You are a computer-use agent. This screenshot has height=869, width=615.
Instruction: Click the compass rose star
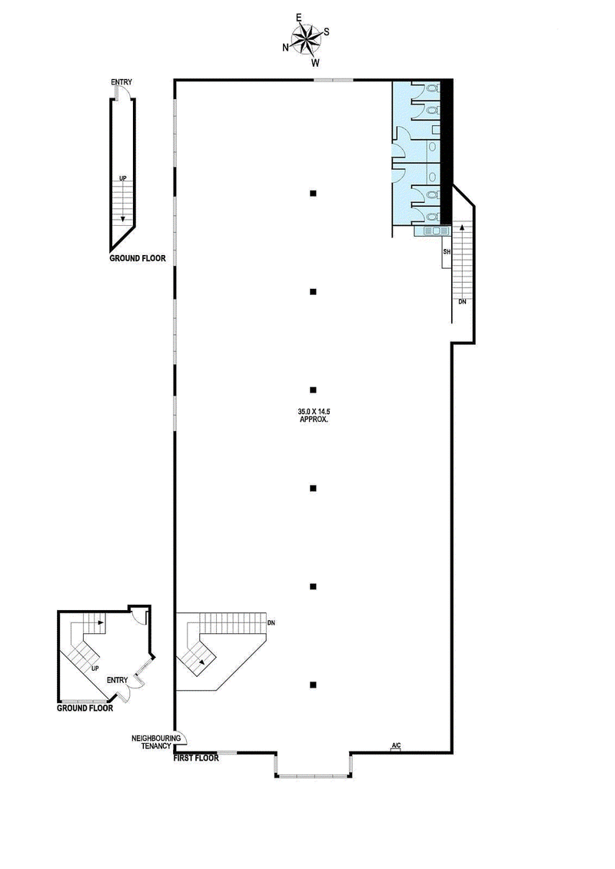tap(305, 38)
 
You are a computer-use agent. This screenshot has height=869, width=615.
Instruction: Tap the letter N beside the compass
tap(286, 48)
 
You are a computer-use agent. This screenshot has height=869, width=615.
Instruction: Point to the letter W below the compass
tap(315, 63)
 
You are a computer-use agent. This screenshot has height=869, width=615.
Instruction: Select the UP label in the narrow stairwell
tap(122, 178)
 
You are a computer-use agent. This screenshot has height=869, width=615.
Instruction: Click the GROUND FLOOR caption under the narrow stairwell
tap(138, 259)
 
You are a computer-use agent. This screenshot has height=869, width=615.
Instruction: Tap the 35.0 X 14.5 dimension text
tap(314, 413)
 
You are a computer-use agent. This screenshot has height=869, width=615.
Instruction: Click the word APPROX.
tap(314, 421)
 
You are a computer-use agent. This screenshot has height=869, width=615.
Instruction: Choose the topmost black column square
tap(313, 193)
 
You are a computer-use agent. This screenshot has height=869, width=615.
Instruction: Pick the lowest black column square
tap(313, 685)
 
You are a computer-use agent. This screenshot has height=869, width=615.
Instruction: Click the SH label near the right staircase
tap(446, 252)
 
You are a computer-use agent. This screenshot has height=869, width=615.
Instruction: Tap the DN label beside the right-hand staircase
tap(462, 302)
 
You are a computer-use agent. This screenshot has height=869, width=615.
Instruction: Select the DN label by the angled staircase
tap(271, 622)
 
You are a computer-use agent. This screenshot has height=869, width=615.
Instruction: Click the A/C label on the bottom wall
tap(397, 745)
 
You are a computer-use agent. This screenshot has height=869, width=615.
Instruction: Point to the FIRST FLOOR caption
tap(197, 758)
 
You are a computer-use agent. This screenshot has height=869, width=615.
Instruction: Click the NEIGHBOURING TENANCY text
tap(156, 741)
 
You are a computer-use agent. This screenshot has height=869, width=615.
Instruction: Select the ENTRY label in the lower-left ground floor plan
tap(118, 679)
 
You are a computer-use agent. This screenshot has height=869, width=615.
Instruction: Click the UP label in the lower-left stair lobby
tap(95, 668)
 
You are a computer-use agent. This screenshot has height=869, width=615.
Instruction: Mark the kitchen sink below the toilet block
tap(433, 230)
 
